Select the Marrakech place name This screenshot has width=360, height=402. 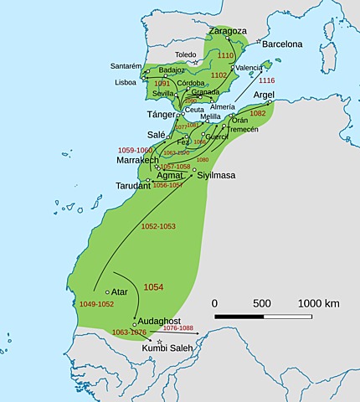pyautogui.click(x=137, y=159)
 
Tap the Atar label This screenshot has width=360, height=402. pyautogui.click(x=119, y=291)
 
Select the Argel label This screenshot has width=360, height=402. pyautogui.click(x=258, y=95)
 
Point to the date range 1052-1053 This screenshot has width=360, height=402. pyautogui.click(x=136, y=226)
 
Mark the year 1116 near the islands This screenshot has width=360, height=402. pyautogui.click(x=267, y=80)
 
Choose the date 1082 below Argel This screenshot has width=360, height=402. pyautogui.click(x=258, y=113)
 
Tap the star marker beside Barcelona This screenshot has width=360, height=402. pyautogui.click(x=259, y=42)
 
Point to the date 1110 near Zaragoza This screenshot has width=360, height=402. pyautogui.click(x=225, y=55)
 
